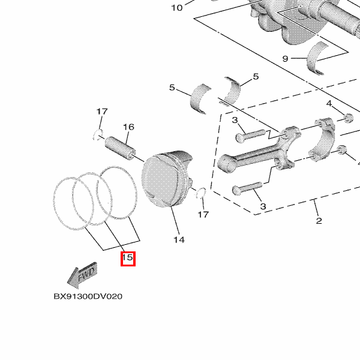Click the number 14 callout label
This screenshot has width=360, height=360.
[179, 239]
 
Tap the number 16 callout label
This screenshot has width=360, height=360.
[128, 127]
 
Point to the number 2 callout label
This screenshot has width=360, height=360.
[319, 221]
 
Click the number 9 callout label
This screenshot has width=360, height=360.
[285, 59]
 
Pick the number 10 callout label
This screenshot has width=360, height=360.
[177, 8]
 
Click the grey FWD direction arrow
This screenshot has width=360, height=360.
[82, 275]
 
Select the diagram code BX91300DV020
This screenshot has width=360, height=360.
[88, 296]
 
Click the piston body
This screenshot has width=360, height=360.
[167, 179]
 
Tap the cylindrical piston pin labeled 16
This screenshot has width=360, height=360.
[121, 148]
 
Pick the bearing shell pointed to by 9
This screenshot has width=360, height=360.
[318, 58]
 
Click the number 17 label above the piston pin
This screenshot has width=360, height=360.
[102, 112]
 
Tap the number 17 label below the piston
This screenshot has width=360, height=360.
[203, 214]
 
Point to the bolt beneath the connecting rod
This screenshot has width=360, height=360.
[247, 188]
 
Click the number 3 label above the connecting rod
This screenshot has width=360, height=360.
[235, 120]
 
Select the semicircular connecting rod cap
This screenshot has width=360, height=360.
[322, 139]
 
